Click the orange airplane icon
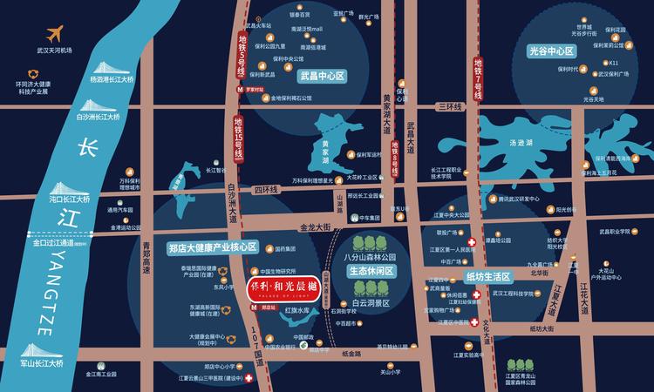[55, 34]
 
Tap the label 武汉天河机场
[55, 51]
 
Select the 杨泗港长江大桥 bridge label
[112, 79]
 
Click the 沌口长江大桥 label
[70, 199]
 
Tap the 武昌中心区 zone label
[323, 77]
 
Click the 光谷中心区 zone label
[552, 51]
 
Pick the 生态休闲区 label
[372, 271]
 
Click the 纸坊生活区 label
[487, 277]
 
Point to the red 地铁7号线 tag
[478, 79]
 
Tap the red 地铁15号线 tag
[238, 139]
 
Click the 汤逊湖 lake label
[521, 142]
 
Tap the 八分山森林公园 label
[370, 257]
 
